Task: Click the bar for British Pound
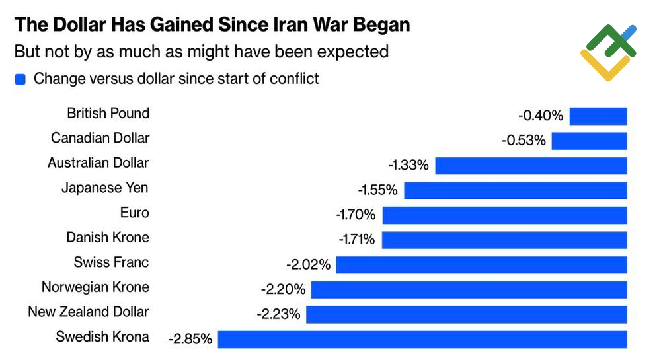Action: (x=598, y=116)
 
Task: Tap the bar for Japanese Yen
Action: (x=515, y=190)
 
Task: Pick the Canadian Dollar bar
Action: (x=589, y=141)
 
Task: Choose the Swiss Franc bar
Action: (x=481, y=265)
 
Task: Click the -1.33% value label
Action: (x=408, y=165)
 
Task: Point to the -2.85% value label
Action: (x=190, y=340)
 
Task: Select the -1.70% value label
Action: (x=356, y=215)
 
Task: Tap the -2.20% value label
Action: (x=284, y=289)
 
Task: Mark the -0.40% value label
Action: (x=541, y=116)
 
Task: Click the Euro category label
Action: (x=134, y=213)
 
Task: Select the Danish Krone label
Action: (x=108, y=237)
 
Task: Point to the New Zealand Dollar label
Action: (x=89, y=312)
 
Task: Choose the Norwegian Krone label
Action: (x=95, y=287)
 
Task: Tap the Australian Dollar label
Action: (x=98, y=162)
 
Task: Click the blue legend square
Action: (x=20, y=79)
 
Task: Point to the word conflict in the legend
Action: (x=293, y=79)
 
